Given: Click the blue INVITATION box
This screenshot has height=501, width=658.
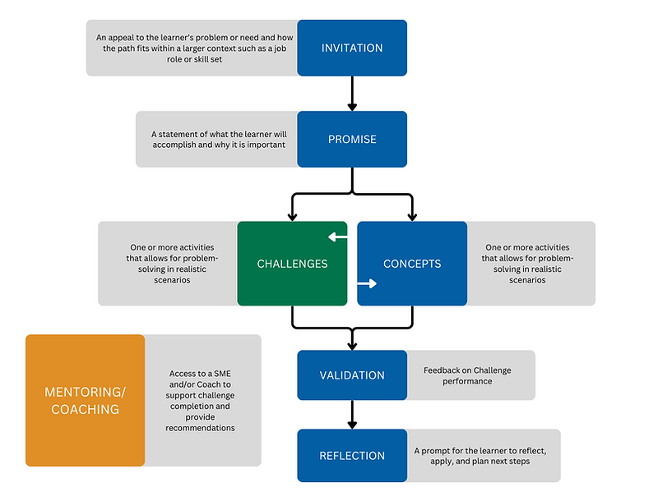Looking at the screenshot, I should click(x=352, y=48).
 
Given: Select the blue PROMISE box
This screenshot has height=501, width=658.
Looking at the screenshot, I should click(x=352, y=139).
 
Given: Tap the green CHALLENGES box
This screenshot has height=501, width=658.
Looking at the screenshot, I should click(x=292, y=264).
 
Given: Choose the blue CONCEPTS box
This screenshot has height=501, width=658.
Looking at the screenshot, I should click(x=412, y=264).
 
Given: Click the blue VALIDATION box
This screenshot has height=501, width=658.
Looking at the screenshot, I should click(x=352, y=375).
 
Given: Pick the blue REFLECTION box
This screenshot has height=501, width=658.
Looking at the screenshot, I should click(x=352, y=455).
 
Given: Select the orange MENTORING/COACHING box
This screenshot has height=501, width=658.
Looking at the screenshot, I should click(x=85, y=400).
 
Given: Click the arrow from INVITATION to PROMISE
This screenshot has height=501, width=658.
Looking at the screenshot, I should click(x=352, y=94).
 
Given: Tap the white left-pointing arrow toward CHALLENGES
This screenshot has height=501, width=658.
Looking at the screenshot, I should click(x=337, y=237).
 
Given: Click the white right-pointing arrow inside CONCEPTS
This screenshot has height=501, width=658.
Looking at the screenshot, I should click(x=367, y=284).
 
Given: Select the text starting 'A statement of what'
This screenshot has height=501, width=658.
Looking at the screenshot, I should click(x=217, y=139).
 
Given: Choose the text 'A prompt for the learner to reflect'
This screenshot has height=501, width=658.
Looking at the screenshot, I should click(x=480, y=456).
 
